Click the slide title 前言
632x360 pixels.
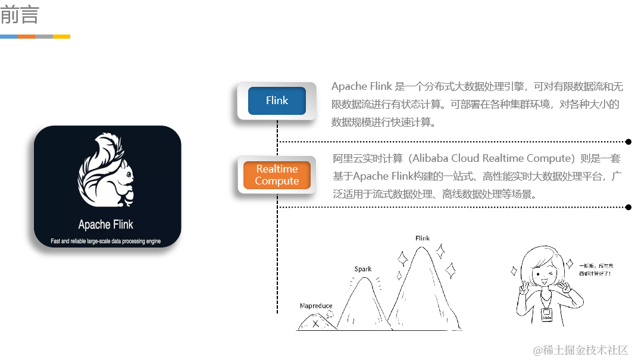pos(20,15)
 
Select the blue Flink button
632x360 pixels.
pos(277,101)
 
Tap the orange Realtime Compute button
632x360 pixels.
pos(277,176)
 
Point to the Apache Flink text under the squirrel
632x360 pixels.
pos(106,224)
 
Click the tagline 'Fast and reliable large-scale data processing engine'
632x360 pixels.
pos(106,242)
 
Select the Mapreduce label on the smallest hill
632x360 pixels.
pos(316,306)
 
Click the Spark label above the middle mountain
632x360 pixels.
pos(363,269)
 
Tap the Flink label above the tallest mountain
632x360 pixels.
pos(423,238)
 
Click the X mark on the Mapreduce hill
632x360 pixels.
pos(315,324)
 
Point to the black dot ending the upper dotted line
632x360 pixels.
pos(628,142)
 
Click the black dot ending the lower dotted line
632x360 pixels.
pos(628,207)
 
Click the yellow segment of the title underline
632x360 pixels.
pos(61,36)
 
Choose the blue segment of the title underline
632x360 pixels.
pos(9,36)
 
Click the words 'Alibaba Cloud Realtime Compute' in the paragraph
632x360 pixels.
pos(492,158)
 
